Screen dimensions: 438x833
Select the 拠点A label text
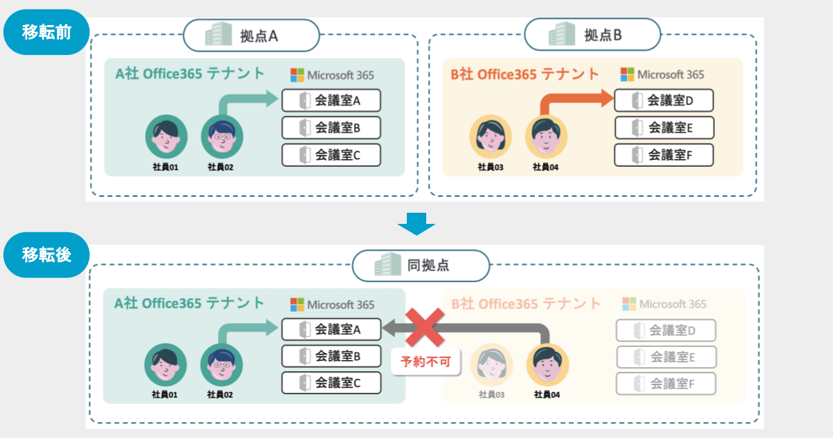pos(259,35)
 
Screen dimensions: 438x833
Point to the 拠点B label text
pos(603,35)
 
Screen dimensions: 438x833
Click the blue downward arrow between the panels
pos(416,223)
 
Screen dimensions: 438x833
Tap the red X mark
pos(424,327)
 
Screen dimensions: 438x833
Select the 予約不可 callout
pos(425,362)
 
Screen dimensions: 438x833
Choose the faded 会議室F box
pos(666,383)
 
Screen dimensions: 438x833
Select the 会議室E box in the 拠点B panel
pos(664,128)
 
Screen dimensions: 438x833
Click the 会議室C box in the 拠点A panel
pos(331,155)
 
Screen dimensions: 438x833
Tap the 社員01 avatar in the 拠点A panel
pos(166,136)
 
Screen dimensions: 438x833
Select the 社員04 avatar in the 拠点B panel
pos(546,136)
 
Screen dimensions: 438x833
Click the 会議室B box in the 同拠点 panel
pos(331,356)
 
